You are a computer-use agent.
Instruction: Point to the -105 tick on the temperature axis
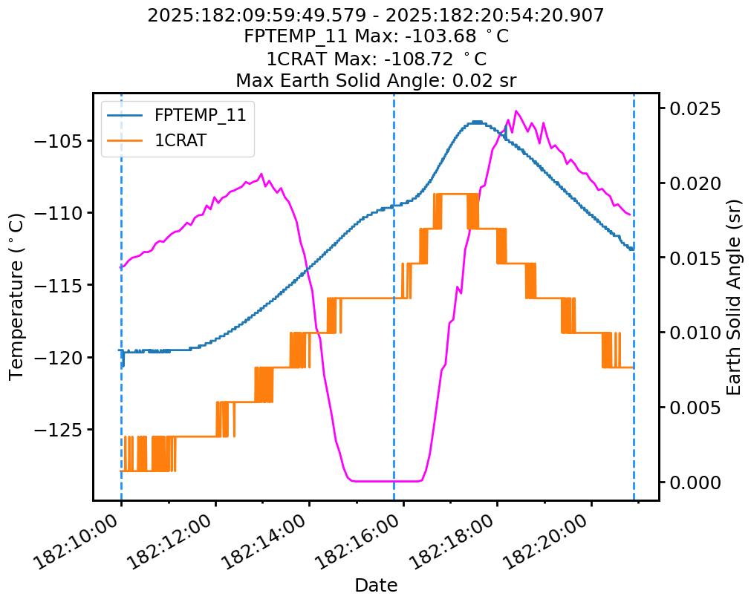tap(60, 141)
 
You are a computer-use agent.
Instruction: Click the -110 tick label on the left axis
tap(60, 213)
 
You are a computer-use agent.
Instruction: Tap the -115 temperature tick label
tap(60, 285)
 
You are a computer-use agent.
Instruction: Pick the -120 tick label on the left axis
tap(60, 357)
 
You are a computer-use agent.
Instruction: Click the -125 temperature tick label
tap(60, 429)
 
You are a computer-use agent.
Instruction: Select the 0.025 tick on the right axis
tap(695, 108)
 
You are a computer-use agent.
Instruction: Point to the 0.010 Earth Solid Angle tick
tap(695, 333)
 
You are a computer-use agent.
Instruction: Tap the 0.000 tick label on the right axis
tap(695, 482)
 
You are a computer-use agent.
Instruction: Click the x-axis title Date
tap(376, 585)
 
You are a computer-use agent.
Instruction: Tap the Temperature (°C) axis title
tap(16, 296)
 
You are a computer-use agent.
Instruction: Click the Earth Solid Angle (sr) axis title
tap(734, 296)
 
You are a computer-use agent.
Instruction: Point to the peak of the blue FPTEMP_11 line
tap(476, 122)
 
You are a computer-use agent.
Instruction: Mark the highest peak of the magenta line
tap(516, 111)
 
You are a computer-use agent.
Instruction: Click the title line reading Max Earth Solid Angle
tap(376, 79)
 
